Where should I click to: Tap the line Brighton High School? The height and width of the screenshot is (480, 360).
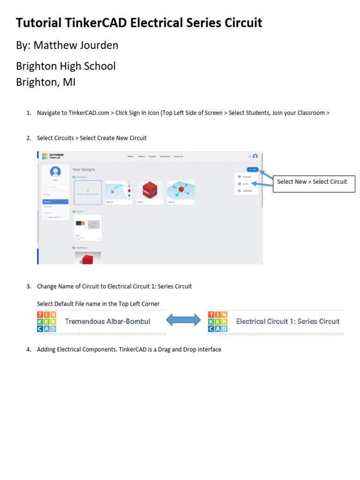(x=66, y=66)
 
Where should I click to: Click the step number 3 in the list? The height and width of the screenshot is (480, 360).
(x=29, y=286)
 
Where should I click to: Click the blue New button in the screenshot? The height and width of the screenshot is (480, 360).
(x=253, y=169)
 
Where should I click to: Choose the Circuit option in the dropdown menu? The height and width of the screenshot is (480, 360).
(x=246, y=184)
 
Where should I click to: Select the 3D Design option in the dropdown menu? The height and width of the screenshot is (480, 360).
(x=246, y=177)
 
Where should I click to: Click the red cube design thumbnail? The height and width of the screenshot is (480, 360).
(x=150, y=192)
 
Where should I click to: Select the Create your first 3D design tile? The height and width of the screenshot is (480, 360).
(x=88, y=192)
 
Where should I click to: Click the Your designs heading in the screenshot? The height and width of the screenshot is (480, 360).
(x=84, y=169)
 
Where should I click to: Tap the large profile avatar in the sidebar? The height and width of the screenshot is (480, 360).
(x=55, y=172)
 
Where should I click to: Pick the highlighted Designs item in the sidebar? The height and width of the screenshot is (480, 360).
(x=55, y=202)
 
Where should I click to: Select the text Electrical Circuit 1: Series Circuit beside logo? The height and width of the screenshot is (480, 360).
(x=288, y=322)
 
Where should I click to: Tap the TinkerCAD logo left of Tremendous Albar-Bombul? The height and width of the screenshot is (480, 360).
(x=47, y=322)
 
